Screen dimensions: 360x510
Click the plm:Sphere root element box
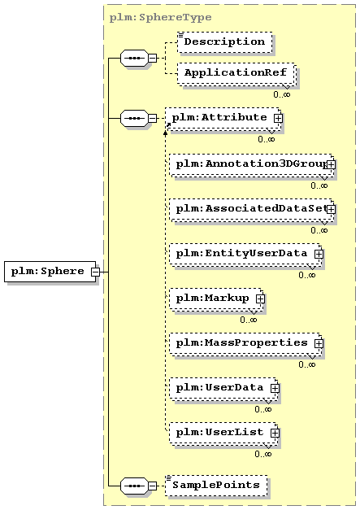pyautogui.click(x=50, y=271)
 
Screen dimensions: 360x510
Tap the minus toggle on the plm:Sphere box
pyautogui.click(x=95, y=272)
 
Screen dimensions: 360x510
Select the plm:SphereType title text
pyautogui.click(x=161, y=18)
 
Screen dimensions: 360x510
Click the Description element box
pyautogui.click(x=225, y=42)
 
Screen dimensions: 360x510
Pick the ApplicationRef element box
pyautogui.click(x=236, y=73)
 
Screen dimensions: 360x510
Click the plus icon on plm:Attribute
pyautogui.click(x=278, y=118)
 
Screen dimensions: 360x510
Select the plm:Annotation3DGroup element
pyautogui.click(x=251, y=164)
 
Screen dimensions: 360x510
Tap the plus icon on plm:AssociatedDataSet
pyautogui.click(x=331, y=209)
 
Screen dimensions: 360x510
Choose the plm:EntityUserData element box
pyautogui.click(x=245, y=255)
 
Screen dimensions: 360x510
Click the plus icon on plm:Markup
pyautogui.click(x=260, y=299)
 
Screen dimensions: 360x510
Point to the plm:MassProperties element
pyautogui.click(x=245, y=343)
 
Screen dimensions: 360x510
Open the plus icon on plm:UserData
pyautogui.click(x=275, y=388)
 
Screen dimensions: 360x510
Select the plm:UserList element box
pyautogui.click(x=223, y=433)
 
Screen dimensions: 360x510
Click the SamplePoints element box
pyautogui.click(x=216, y=486)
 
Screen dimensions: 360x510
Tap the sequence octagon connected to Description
pyautogui.click(x=134, y=59)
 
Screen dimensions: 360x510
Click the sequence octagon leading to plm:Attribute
pyautogui.click(x=134, y=119)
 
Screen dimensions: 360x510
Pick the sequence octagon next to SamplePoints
pyautogui.click(x=134, y=486)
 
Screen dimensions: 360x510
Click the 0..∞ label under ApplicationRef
pyautogui.click(x=282, y=94)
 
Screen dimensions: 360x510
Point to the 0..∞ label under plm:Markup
pyautogui.click(x=249, y=320)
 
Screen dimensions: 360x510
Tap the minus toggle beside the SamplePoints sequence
pyautogui.click(x=153, y=486)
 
